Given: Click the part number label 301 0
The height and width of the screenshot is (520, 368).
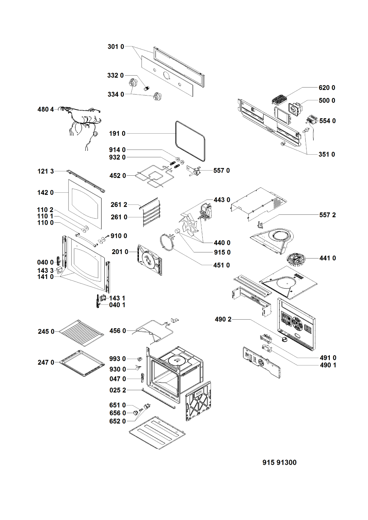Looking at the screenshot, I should (116, 47).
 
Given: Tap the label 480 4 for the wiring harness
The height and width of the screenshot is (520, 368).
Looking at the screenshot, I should (45, 110).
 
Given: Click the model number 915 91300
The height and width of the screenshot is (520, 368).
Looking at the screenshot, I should (279, 463).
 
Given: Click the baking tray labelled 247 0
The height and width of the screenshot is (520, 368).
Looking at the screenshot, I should (82, 363).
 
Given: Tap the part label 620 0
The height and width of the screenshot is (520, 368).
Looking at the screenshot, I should (327, 88).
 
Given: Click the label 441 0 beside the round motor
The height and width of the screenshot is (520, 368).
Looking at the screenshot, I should (328, 258).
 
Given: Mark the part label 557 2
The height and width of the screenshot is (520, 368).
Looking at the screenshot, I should (328, 215).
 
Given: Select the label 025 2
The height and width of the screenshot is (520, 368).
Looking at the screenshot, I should (118, 390).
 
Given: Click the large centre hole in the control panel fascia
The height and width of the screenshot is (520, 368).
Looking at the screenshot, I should (166, 75).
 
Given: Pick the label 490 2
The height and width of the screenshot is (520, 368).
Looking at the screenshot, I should (223, 320).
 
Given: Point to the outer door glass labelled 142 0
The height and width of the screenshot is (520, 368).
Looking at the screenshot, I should (85, 204).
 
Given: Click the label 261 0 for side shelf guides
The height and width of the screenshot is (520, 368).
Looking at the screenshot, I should (119, 217).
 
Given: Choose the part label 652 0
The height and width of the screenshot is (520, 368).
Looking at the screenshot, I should (117, 421).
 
